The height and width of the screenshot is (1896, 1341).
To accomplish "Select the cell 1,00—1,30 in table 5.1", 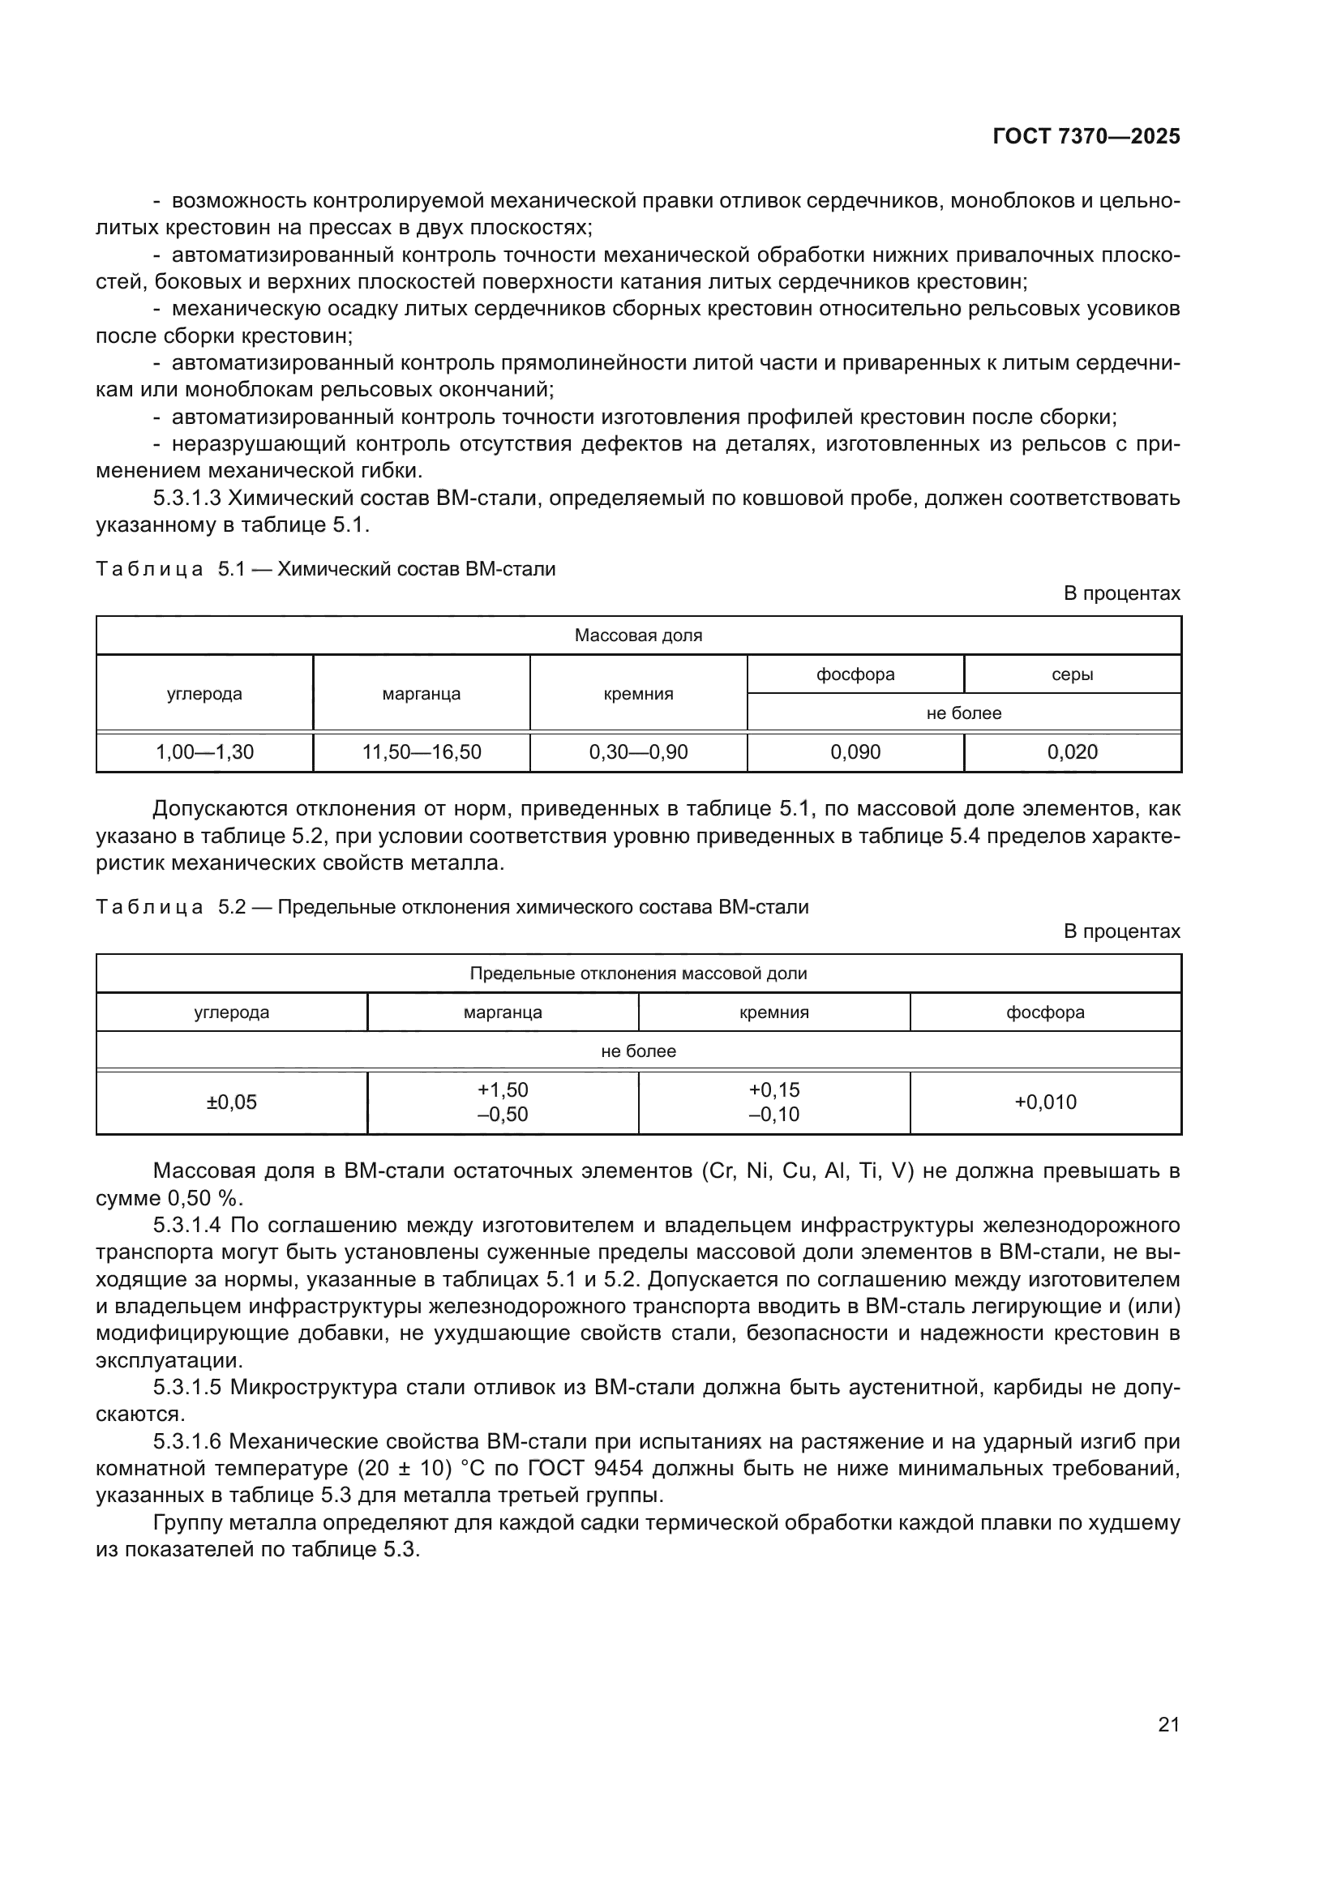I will pos(205,752).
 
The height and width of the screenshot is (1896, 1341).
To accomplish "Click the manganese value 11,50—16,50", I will pos(421,752).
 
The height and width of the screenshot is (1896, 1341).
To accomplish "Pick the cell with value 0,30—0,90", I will pos(637,752).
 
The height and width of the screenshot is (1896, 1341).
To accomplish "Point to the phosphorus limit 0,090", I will pos(855,752).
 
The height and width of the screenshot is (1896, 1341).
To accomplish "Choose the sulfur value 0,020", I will pos(1072,752).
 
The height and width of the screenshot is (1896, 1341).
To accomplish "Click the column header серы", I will pos(1072,674).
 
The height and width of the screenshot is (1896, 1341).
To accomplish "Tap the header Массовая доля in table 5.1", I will pos(637,636).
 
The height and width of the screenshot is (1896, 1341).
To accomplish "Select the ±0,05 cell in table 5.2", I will pos(231,1102).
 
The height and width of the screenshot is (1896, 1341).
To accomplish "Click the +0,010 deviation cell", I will pos(1044,1102).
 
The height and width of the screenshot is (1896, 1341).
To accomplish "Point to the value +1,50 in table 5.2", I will pos(502,1090).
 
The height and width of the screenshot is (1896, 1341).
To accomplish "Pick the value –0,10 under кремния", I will pos(773,1115).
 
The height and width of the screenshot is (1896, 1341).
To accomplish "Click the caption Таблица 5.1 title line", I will pos(326,569).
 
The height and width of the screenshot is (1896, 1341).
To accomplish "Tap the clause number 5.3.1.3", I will pos(188,499).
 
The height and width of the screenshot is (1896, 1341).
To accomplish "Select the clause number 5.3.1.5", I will pos(188,1387).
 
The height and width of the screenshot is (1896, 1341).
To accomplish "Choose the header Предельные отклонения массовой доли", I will pos(637,974).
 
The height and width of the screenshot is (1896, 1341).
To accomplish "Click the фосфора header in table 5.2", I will pos(1044,1012).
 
